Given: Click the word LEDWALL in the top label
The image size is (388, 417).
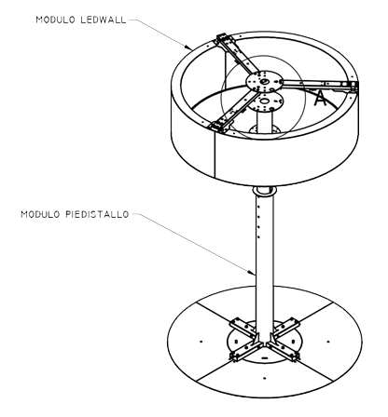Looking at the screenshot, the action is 104,20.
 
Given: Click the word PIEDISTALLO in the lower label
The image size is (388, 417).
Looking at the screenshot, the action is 97,214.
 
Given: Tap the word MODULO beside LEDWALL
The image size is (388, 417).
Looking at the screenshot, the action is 55,20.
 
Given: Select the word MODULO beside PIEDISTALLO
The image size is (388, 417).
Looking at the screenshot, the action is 40,214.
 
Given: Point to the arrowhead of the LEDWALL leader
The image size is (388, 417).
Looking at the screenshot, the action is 188,47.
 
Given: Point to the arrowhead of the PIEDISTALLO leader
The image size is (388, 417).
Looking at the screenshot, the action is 252,273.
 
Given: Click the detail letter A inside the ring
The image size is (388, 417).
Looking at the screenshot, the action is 320,98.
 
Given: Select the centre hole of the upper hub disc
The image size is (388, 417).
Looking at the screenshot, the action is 264,81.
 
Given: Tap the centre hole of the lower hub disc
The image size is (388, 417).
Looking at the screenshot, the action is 265,101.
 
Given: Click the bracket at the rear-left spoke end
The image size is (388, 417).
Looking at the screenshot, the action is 224,40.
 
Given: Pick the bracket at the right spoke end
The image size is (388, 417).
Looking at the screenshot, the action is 353,87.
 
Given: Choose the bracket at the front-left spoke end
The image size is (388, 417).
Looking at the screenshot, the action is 219,126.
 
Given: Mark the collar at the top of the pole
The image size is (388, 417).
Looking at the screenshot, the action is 264,191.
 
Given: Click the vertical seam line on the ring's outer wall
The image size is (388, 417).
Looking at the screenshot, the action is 215,155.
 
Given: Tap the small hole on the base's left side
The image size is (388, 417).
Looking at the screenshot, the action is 201,342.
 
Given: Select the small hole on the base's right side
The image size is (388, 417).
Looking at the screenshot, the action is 328,342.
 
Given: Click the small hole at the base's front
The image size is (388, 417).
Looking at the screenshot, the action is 264,378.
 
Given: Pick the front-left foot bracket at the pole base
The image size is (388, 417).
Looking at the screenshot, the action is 245,351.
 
